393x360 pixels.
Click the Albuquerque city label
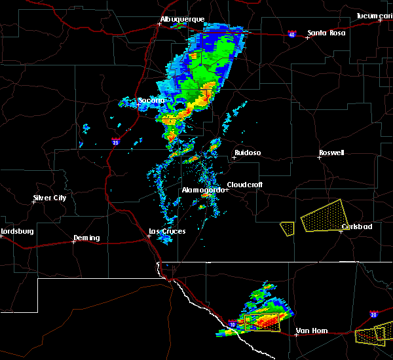click(183, 20)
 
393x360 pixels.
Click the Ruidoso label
click(248, 153)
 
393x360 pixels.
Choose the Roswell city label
click(331, 153)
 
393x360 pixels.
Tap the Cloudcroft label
click(245, 185)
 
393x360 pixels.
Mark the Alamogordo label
click(202, 190)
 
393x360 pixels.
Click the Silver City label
click(50, 198)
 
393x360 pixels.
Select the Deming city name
click(86, 238)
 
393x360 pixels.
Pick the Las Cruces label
click(167, 231)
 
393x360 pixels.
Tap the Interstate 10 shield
click(233, 324)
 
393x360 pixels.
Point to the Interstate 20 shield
click(373, 314)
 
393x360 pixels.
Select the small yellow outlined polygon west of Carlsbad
click(287, 228)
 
